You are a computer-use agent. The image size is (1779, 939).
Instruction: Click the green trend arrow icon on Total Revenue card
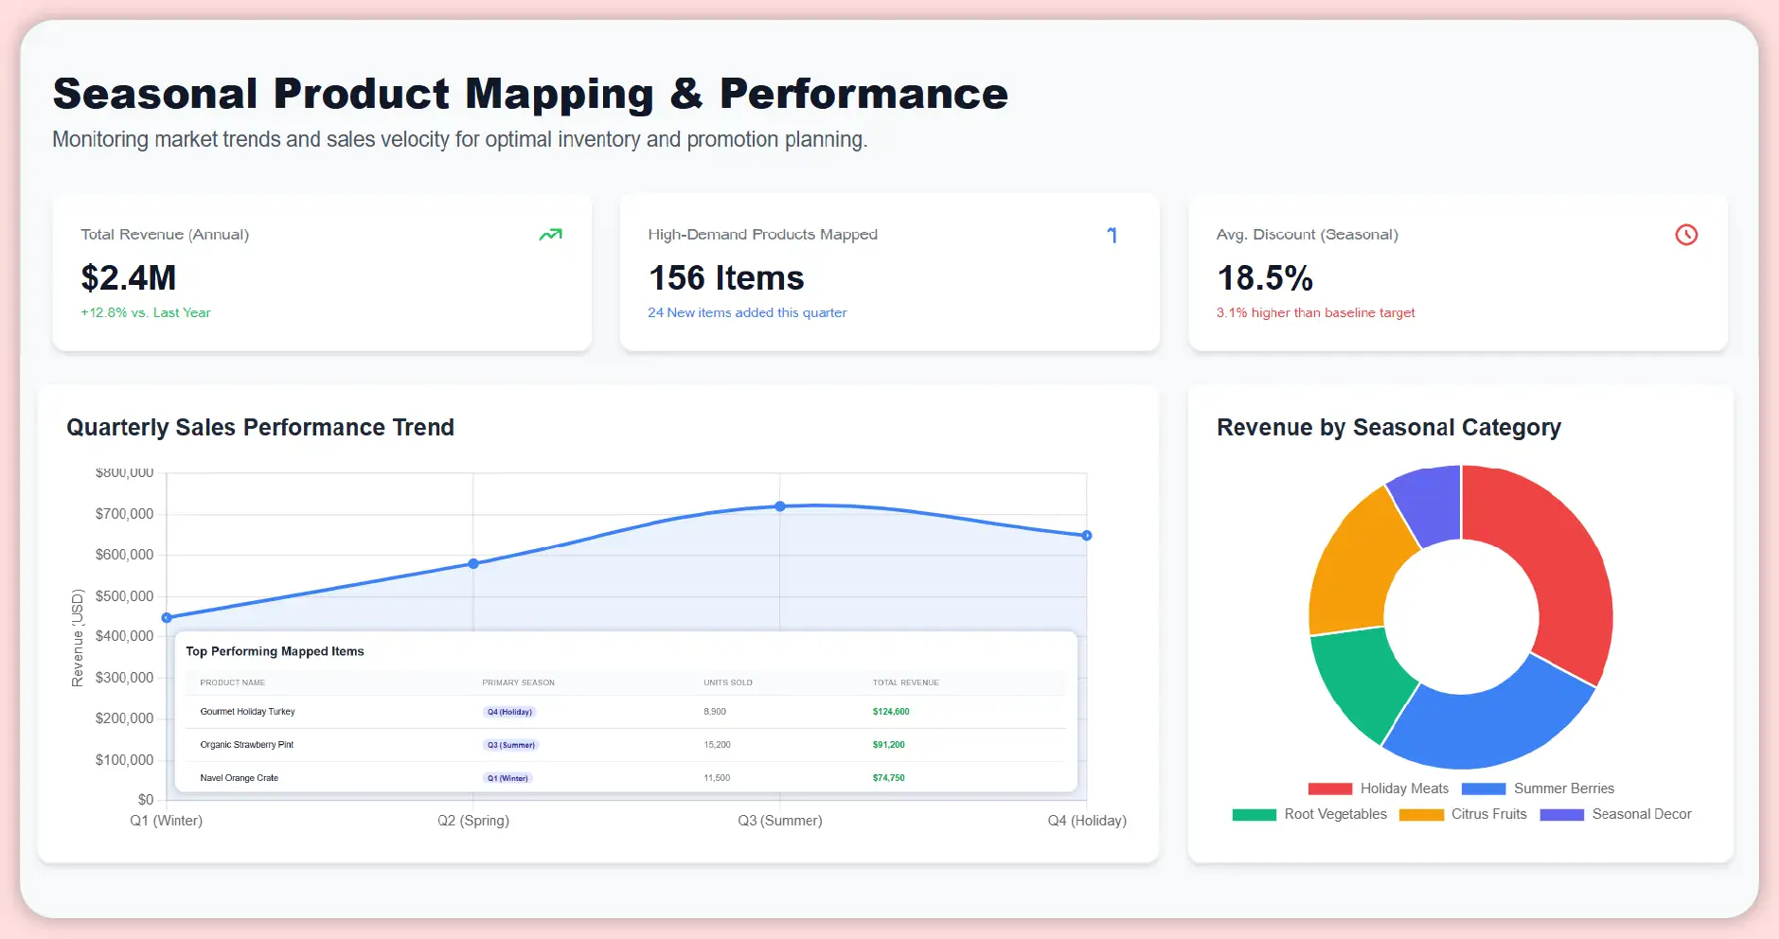click(x=550, y=235)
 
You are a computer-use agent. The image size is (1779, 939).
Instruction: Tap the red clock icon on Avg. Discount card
click(x=1685, y=235)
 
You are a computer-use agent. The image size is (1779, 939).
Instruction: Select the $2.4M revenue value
click(x=129, y=278)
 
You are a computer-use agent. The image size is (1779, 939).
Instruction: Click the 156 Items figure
click(x=726, y=278)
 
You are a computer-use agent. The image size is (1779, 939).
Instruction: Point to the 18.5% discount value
click(x=1264, y=278)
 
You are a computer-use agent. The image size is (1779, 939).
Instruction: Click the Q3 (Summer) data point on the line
click(x=780, y=506)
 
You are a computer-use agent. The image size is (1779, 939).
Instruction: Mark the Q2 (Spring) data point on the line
click(x=473, y=563)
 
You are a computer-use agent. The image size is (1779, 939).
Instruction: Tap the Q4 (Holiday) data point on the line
click(x=1087, y=536)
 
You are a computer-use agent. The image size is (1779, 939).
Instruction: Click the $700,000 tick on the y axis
click(x=124, y=514)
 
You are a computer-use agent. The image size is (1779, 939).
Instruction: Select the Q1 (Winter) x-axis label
click(x=167, y=821)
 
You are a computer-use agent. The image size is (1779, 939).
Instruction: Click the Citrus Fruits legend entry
click(x=1464, y=814)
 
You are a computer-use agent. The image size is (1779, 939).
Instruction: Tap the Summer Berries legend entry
click(x=1538, y=788)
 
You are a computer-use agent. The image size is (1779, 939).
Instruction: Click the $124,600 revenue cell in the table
click(x=891, y=712)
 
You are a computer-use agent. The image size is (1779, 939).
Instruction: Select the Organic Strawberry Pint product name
click(x=247, y=745)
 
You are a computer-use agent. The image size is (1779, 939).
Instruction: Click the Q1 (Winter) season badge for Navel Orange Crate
click(x=508, y=778)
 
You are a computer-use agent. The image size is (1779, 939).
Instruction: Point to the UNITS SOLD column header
click(x=728, y=682)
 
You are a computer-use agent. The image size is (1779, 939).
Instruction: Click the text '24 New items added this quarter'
click(x=747, y=312)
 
